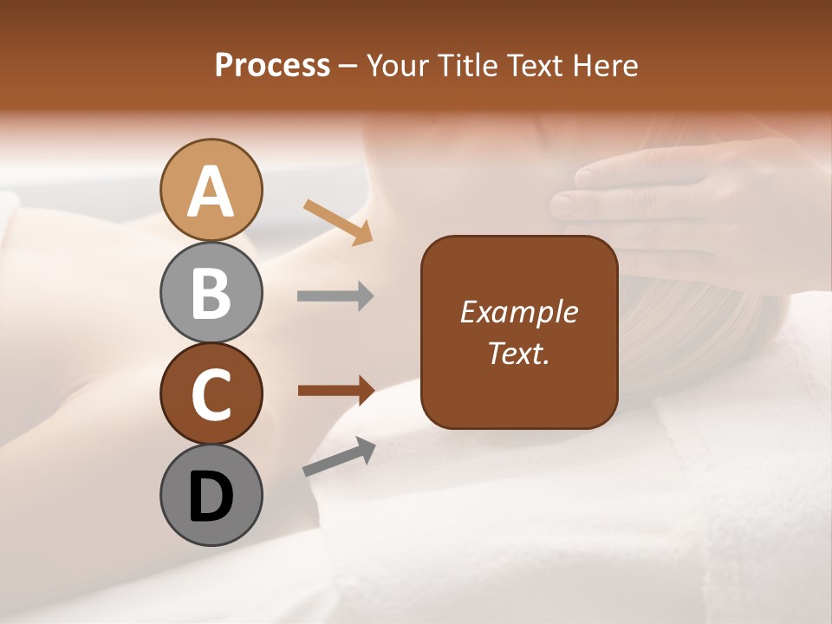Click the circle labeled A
(x=211, y=190)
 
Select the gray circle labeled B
(x=211, y=292)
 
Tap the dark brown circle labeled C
(x=211, y=393)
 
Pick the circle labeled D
(x=211, y=495)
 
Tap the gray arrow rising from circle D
(x=339, y=458)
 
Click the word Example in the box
(x=519, y=312)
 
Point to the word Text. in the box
(x=519, y=353)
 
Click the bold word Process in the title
(x=272, y=66)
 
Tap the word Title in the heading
(x=465, y=66)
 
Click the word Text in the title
(x=532, y=66)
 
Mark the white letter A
(x=211, y=191)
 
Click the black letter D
(x=211, y=497)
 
